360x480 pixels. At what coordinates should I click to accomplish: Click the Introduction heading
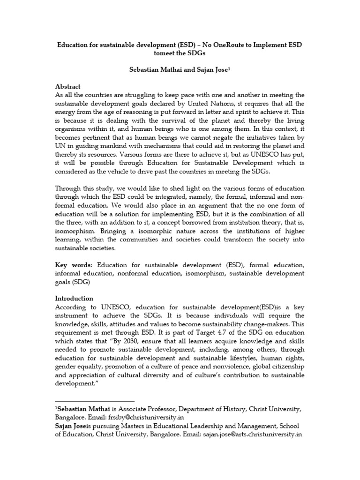point(74,299)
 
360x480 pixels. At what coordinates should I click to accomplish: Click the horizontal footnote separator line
point(94,401)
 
